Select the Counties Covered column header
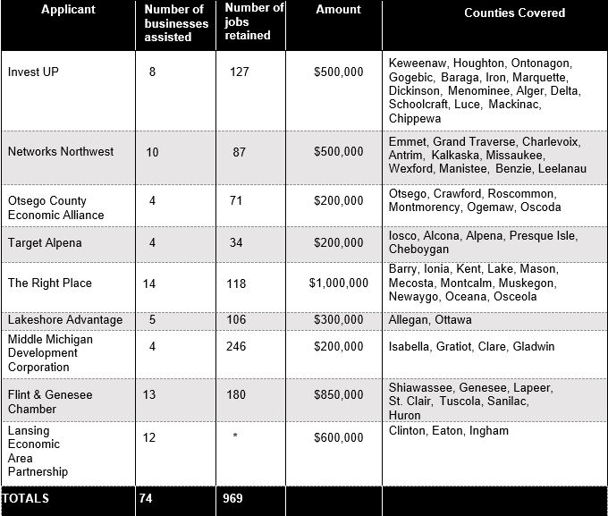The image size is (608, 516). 514,13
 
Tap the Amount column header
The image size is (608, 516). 338,10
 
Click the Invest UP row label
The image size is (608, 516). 33,72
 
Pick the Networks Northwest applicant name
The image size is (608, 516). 61,151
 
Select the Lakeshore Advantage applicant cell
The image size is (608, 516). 65,319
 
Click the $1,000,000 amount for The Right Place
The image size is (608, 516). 338,283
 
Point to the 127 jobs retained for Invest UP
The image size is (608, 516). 239,72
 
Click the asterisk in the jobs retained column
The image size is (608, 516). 234,437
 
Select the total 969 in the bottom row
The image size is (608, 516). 232,498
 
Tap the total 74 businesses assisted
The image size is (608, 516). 146,498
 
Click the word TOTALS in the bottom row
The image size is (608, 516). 26,498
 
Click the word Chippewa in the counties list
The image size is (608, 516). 414,118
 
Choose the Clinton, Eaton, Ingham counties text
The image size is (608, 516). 448,430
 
